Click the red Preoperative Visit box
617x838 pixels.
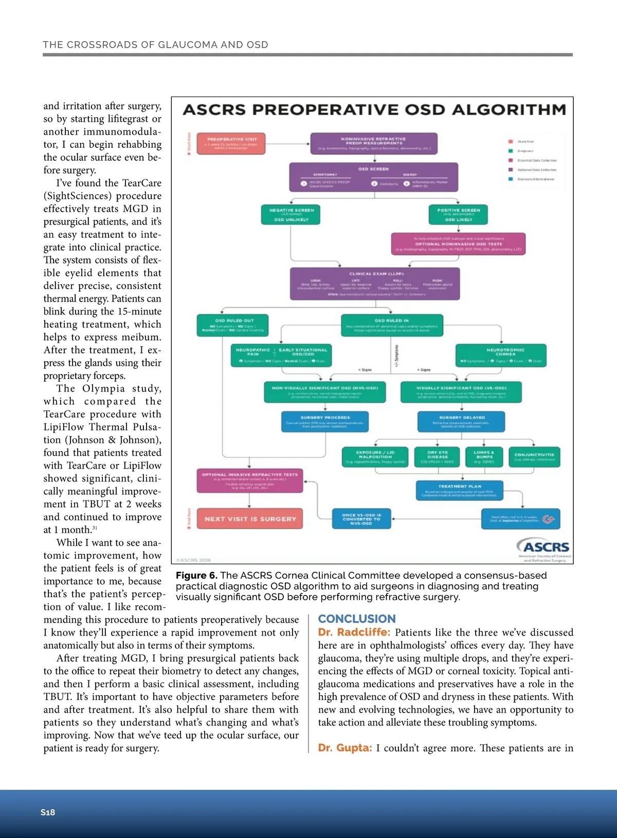232,143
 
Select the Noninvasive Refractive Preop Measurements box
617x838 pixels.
373,143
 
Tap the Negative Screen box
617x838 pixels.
291,215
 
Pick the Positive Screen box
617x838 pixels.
458,215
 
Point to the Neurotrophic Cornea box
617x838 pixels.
501,355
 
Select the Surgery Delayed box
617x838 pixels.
461,422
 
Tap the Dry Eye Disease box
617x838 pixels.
437,457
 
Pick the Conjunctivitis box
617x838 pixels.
534,457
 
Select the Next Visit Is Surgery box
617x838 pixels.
250,519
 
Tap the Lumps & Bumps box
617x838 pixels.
484,457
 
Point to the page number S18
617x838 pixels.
48,812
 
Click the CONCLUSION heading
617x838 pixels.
357,619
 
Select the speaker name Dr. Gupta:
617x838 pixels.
344,748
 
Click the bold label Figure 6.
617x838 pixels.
196,575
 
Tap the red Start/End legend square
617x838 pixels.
511,141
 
